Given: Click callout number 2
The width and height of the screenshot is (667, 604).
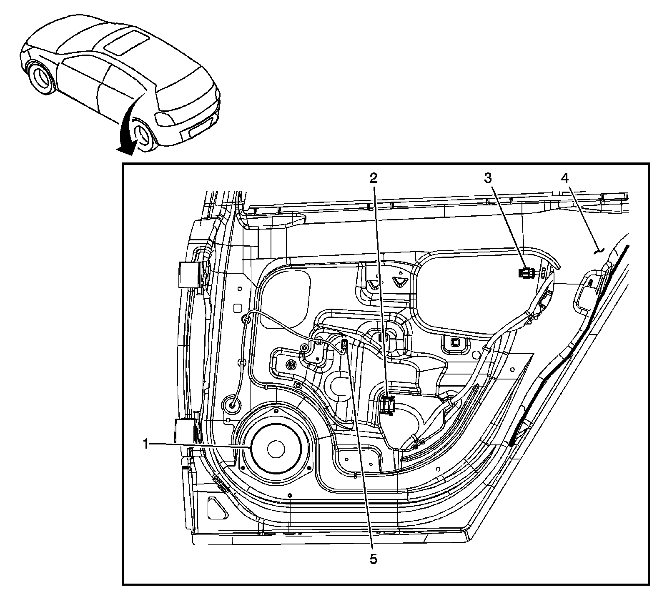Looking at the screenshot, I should pyautogui.click(x=374, y=179).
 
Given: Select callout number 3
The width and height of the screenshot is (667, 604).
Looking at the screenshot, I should pyautogui.click(x=488, y=179).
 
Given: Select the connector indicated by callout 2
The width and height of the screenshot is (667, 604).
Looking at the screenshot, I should pyautogui.click(x=388, y=405).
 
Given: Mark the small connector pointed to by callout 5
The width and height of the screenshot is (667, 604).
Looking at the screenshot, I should pyautogui.click(x=344, y=344).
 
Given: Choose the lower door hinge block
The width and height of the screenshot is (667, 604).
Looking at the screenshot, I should pyautogui.click(x=183, y=431).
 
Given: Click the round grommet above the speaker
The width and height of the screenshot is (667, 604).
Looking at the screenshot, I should pyautogui.click(x=233, y=404).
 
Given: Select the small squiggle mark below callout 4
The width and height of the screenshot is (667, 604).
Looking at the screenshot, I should pyautogui.click(x=599, y=251).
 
